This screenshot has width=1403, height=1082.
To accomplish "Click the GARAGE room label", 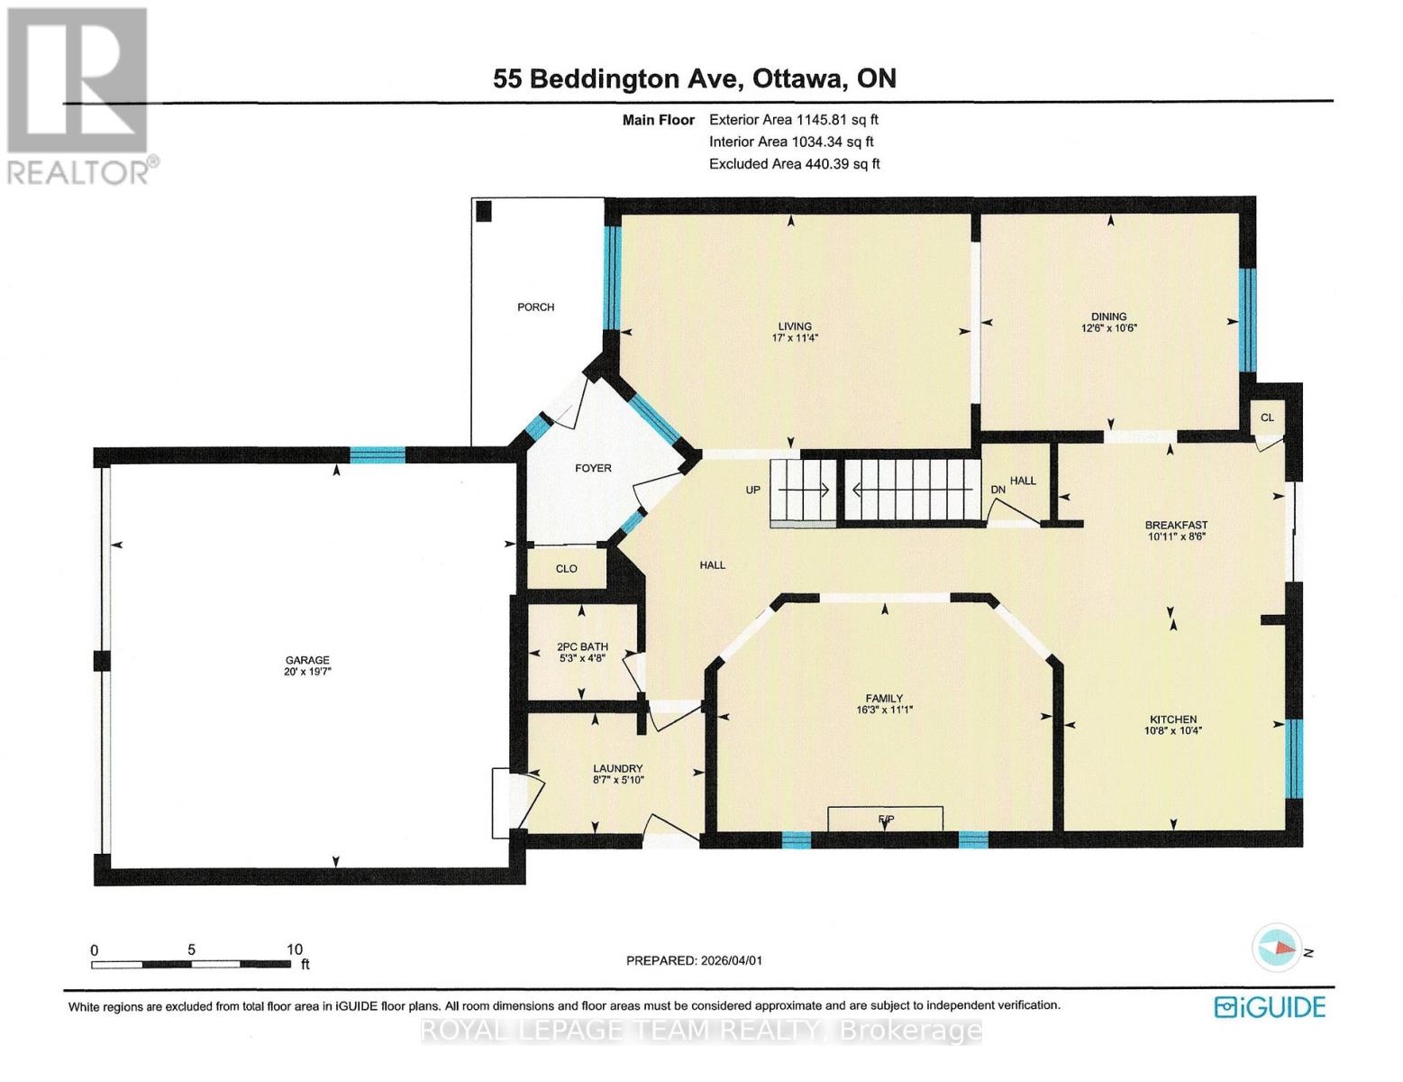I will [307, 659].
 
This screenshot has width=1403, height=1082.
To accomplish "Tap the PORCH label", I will [535, 307].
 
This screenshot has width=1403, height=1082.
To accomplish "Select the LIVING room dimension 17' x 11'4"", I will [795, 338].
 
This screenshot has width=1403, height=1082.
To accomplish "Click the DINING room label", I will [1108, 316].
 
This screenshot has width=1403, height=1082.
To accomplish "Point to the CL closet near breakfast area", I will [1267, 417].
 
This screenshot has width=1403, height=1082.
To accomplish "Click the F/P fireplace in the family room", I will [886, 819].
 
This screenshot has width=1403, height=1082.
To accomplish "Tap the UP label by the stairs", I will [753, 490].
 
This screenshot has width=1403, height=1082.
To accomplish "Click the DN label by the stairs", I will [998, 490].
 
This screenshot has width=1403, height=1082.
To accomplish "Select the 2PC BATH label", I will [582, 646].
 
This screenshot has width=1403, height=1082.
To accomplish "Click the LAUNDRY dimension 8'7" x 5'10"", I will [617, 780].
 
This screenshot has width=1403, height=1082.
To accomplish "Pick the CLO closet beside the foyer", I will [566, 568].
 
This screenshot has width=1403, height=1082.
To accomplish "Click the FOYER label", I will [593, 468].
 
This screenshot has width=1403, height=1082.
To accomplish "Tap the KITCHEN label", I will [1172, 719].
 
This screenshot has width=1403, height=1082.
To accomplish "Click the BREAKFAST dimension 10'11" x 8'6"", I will [1176, 536].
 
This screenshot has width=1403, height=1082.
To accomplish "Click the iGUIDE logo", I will [1269, 1006].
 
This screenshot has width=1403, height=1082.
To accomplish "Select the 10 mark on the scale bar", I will [294, 949].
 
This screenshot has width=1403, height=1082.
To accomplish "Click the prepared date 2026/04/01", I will [731, 960].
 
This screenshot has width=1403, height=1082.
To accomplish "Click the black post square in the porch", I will [484, 211].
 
